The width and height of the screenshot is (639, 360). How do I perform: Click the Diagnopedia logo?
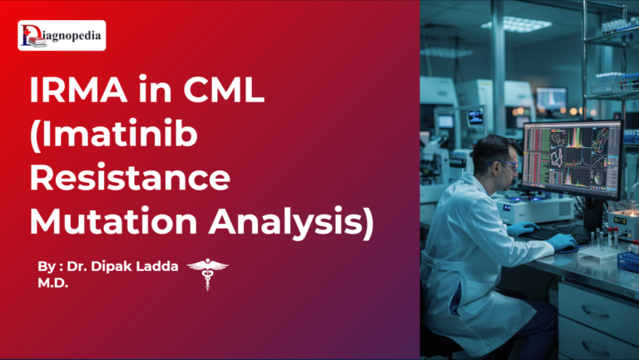(62, 36)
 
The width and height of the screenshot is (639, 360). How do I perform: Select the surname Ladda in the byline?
(159, 268)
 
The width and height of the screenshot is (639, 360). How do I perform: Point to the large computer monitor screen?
(583, 158)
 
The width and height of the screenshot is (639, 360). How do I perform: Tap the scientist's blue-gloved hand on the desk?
(562, 241)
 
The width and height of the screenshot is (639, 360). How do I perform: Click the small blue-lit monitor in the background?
(475, 116)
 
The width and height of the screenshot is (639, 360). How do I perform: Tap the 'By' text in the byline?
(46, 268)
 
